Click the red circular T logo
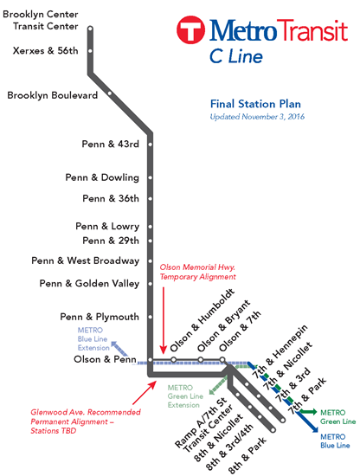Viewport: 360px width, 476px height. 190,30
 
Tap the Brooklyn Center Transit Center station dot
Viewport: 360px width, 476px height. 90,29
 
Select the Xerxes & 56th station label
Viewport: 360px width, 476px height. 46,51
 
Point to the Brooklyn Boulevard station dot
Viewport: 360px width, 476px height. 110,93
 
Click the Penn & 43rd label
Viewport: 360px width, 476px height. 111,144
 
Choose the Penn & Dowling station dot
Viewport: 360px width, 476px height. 151,177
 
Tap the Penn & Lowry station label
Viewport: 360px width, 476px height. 107,227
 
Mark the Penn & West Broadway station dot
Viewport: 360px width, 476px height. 151,261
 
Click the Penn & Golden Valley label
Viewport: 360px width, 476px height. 89,284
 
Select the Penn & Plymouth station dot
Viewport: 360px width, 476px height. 151,317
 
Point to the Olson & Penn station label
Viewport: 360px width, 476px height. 105,359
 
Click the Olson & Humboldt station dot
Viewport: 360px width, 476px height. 174,360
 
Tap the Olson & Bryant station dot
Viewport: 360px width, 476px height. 201,360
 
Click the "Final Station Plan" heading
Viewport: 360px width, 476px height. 255,104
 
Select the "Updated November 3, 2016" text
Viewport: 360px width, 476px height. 257,117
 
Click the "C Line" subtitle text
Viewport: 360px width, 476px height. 236,57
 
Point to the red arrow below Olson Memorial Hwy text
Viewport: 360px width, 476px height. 164,320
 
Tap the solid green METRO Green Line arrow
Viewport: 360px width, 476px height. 307,412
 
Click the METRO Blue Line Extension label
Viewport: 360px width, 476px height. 93,338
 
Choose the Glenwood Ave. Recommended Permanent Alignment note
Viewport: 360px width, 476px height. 86,421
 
